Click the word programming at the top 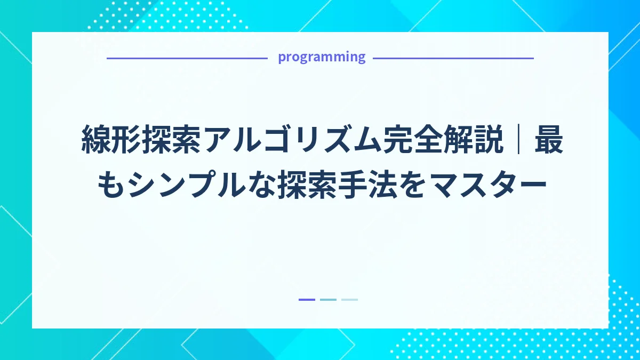click(322, 57)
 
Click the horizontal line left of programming click(187, 58)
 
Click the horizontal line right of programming click(453, 58)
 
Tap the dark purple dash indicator click(307, 300)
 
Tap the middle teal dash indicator click(328, 300)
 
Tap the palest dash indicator click(349, 300)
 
